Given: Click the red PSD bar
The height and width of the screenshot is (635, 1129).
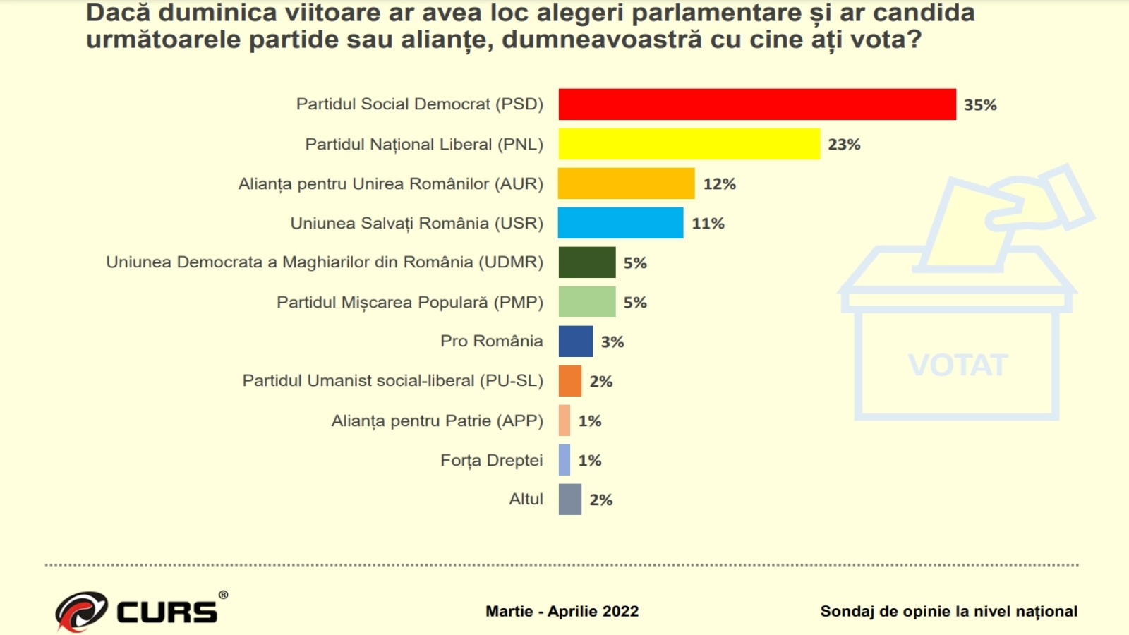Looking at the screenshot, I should point(756,104).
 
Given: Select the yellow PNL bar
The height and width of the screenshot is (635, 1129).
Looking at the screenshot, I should point(689,144).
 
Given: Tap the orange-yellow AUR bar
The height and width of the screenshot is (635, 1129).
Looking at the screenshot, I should point(626,183).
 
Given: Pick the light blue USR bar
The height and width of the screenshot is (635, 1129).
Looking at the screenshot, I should point(620,223).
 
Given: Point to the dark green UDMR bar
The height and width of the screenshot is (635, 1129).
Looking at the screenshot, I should point(586,262).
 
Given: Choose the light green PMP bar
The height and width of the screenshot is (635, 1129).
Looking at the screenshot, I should point(586,302).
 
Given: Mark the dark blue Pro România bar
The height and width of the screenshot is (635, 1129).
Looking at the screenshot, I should point(575,341).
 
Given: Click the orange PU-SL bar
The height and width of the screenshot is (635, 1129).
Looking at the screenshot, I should point(569,381).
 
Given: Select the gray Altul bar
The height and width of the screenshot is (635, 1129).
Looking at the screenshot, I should point(569,500).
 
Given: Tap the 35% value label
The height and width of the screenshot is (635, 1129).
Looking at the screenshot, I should point(980,105).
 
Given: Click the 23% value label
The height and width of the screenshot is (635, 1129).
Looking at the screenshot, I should point(844,145).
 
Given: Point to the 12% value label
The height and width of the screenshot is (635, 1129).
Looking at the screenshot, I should point(719,184).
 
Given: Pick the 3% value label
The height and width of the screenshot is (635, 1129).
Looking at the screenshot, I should point(612,342).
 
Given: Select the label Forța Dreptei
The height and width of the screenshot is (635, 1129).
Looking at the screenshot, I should point(491,461).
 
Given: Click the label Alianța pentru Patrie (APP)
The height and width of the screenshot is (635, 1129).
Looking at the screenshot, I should point(437,421).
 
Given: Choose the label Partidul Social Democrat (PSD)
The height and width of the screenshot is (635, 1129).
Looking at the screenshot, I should point(419,104).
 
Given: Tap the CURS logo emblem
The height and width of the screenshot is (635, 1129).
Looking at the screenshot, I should point(81,610).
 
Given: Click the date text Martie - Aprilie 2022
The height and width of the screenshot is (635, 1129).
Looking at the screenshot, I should point(562,612).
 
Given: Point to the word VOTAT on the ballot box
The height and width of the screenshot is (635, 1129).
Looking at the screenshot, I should point(958,365).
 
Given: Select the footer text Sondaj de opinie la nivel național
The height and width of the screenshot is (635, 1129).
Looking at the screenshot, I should point(948,612).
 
